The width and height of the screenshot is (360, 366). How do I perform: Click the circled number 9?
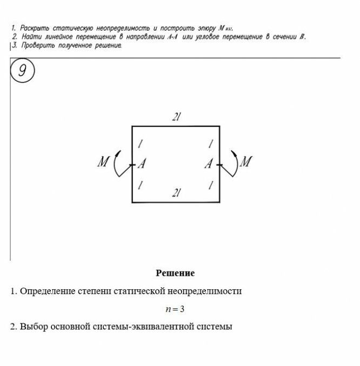point(22,72)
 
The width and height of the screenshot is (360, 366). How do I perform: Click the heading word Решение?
point(175,273)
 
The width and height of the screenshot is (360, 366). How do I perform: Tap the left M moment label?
point(104,162)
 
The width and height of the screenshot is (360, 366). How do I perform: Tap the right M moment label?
point(245,162)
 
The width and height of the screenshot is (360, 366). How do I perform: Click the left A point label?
point(143,163)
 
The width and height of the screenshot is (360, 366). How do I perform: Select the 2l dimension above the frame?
point(175,117)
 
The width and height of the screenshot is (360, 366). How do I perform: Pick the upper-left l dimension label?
point(140,144)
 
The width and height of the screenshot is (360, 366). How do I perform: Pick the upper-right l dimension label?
point(210,144)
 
